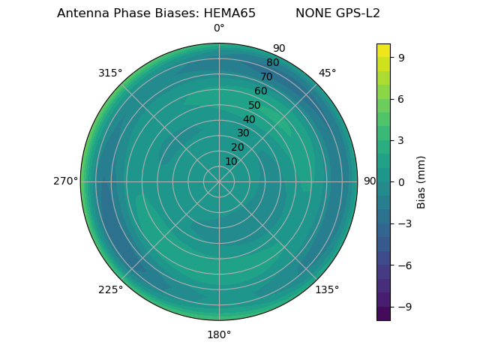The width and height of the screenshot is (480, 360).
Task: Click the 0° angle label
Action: [x=219, y=28]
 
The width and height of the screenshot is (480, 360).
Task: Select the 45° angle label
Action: [x=327, y=73]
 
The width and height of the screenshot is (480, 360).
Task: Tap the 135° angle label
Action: [x=327, y=289]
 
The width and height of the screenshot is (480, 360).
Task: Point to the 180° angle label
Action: [x=219, y=334]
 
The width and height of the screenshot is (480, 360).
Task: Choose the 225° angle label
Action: [x=110, y=289]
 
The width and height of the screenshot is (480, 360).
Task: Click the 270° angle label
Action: [x=65, y=181]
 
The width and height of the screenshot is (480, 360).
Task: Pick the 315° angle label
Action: [x=110, y=73]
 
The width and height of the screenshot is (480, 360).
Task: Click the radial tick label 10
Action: [x=231, y=161]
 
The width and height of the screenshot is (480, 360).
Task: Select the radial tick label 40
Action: [x=249, y=119]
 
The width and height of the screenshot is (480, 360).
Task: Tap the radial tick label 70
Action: [x=266, y=76]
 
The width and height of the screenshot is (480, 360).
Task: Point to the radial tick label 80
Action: [x=272, y=62]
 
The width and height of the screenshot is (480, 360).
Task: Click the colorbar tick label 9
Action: [x=401, y=57]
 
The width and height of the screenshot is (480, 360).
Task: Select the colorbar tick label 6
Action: [x=401, y=98]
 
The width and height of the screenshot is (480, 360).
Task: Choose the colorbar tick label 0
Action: [x=401, y=181]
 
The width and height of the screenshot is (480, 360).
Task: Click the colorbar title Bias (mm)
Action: [x=421, y=181]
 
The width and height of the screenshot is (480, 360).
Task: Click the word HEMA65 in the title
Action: [x=229, y=13]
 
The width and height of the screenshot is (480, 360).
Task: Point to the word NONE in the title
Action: [x=310, y=13]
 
